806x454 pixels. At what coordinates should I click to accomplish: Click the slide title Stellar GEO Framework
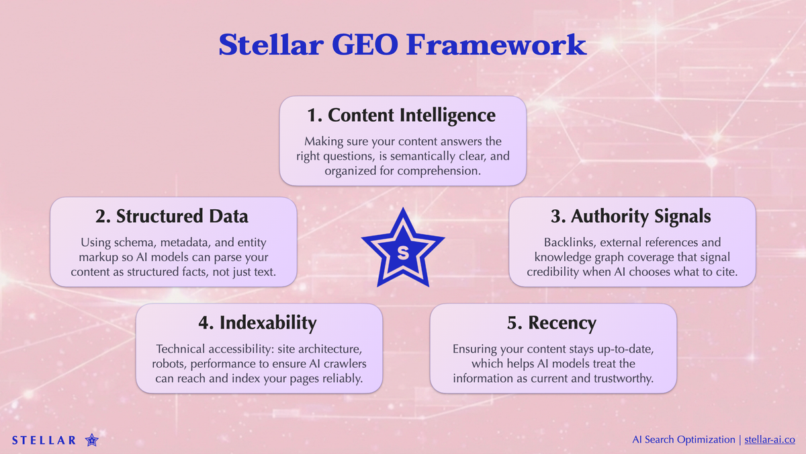tap(402, 45)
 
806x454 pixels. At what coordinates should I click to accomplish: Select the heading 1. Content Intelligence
tap(402, 115)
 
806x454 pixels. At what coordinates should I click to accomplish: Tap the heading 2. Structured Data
tap(173, 216)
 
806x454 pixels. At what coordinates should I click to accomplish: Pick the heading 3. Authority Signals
tap(631, 216)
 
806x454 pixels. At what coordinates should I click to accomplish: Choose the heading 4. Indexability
tap(258, 323)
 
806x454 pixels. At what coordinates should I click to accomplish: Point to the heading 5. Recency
tap(552, 323)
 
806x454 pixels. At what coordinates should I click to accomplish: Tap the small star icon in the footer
tap(92, 441)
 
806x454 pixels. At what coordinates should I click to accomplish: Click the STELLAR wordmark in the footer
tap(44, 441)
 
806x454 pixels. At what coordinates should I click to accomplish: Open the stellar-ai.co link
tap(770, 439)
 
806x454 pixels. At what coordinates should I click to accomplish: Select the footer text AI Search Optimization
tap(684, 439)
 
